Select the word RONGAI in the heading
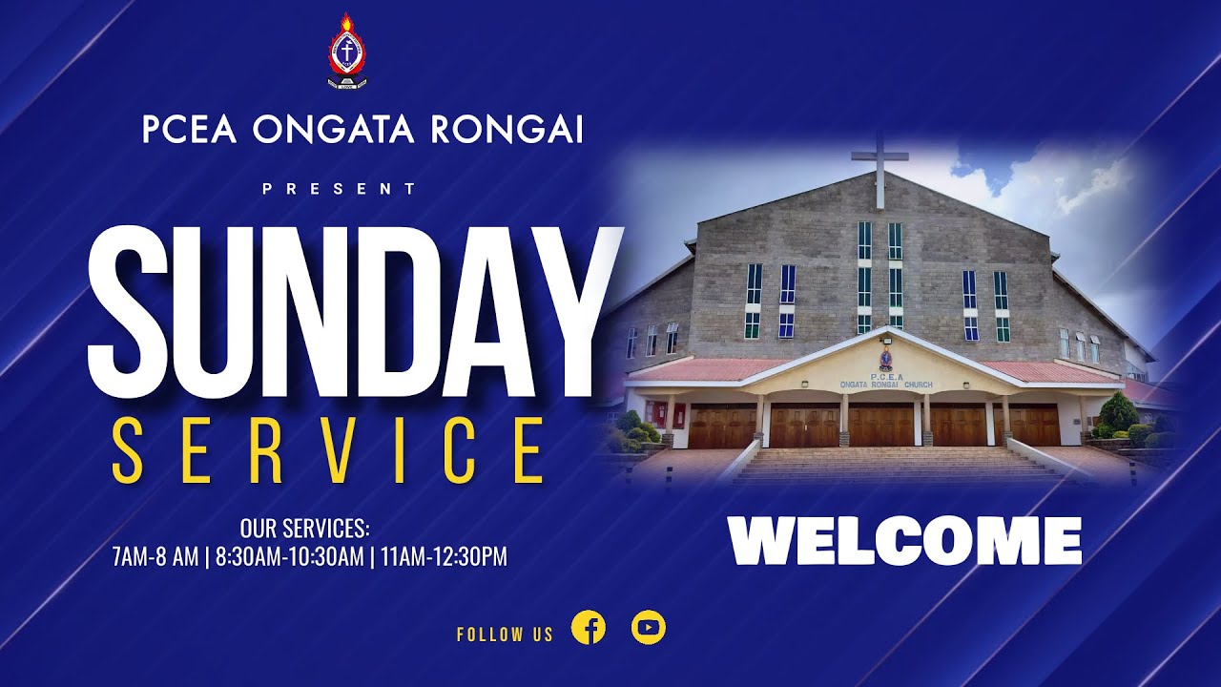[507, 130]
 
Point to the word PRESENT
[340, 189]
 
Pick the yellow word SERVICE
[329, 451]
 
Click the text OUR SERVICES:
[304, 528]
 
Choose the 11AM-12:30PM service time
[444, 557]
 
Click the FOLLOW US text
[505, 635]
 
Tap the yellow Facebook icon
[589, 628]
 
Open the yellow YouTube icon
[649, 628]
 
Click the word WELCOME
[904, 541]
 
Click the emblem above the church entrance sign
[886, 359]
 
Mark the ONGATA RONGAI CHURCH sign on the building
[886, 385]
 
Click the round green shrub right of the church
[1119, 412]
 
